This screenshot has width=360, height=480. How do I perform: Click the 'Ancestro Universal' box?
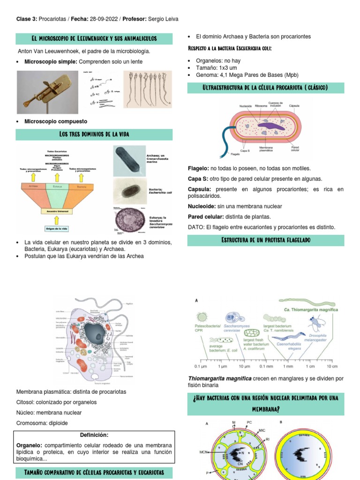56,211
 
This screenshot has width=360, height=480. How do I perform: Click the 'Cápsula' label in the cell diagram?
295,106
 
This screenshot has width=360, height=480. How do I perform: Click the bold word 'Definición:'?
94,435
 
